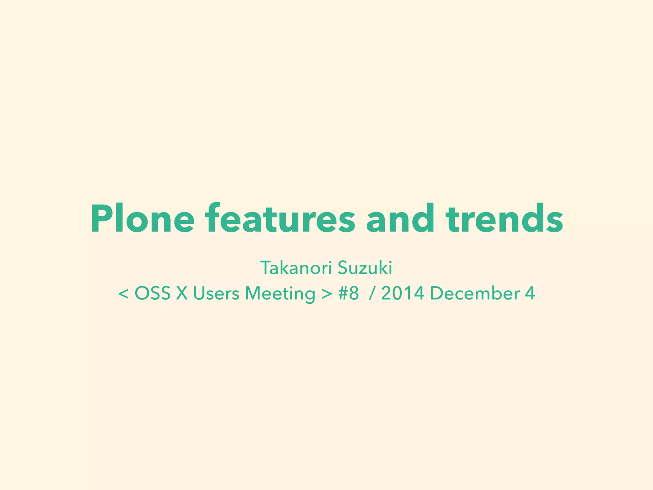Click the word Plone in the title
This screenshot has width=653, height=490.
tap(143, 219)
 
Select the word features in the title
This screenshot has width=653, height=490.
tap(280, 219)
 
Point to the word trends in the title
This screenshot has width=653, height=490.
tap(504, 219)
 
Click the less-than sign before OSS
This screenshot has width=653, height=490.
tap(123, 293)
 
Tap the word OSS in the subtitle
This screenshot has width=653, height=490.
tap(152, 293)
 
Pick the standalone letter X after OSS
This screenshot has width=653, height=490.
tap(182, 293)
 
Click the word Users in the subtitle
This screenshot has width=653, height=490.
tap(216, 293)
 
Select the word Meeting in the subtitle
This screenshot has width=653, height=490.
tap(280, 293)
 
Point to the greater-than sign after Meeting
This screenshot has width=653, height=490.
tap(327, 293)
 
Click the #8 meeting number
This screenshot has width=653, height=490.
tap(349, 293)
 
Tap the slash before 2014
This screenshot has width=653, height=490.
tap(371, 293)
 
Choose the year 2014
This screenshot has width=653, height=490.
tap(402, 293)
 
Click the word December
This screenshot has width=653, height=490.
tap(475, 293)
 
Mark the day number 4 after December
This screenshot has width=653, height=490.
tap(530, 293)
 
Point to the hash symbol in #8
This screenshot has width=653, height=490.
tap(343, 293)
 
